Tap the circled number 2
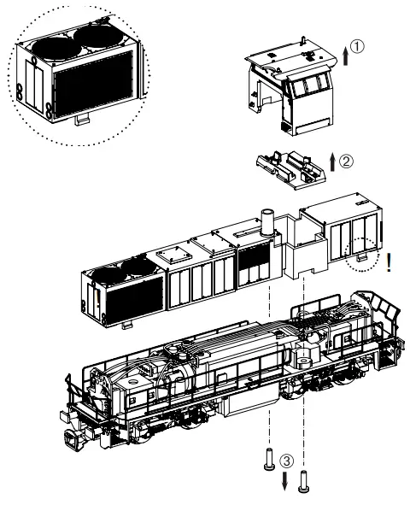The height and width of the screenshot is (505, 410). tap(346, 159)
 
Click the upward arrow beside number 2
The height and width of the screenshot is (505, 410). tap(331, 162)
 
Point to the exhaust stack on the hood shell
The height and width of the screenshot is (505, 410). tap(264, 221)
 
